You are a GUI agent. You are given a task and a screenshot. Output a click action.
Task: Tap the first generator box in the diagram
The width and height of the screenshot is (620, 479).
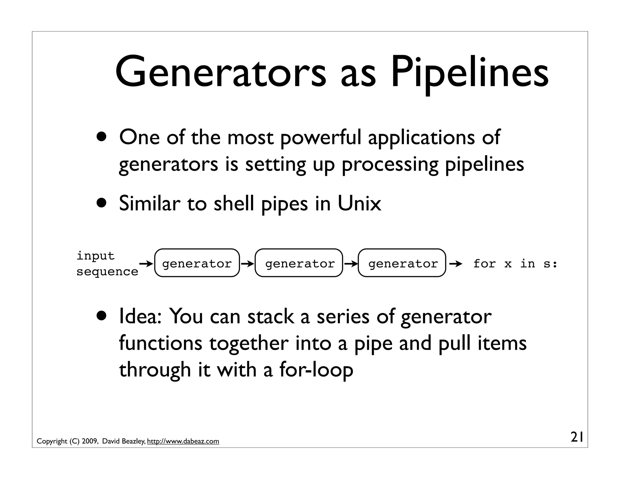tap(197, 263)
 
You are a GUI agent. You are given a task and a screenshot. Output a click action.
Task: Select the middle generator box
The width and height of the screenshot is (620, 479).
tap(299, 263)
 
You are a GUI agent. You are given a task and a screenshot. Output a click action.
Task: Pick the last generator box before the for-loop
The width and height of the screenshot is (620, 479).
tap(402, 263)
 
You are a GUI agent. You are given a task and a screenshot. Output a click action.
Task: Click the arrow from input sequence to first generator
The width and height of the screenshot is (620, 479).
tap(147, 264)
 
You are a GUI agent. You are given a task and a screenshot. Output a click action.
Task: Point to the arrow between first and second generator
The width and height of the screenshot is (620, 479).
tap(247, 264)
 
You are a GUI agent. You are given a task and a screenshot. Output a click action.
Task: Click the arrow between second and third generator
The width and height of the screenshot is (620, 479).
tap(351, 264)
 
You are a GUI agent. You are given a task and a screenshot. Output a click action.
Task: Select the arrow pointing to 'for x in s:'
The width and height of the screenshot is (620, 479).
tap(456, 264)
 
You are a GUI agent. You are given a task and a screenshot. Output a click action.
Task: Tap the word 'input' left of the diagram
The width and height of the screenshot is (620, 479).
tap(95, 256)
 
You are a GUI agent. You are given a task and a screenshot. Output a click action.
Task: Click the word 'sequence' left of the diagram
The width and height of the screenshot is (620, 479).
tap(107, 272)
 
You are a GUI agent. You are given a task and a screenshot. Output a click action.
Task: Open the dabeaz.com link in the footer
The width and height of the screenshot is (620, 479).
tap(183, 441)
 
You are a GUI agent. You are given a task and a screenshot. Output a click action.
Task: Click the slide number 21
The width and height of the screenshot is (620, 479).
tap(577, 438)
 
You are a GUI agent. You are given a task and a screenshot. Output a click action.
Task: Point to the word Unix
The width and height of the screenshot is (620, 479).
tap(359, 203)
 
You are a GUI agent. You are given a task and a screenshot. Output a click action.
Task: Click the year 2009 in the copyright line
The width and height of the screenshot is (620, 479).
tap(89, 441)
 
